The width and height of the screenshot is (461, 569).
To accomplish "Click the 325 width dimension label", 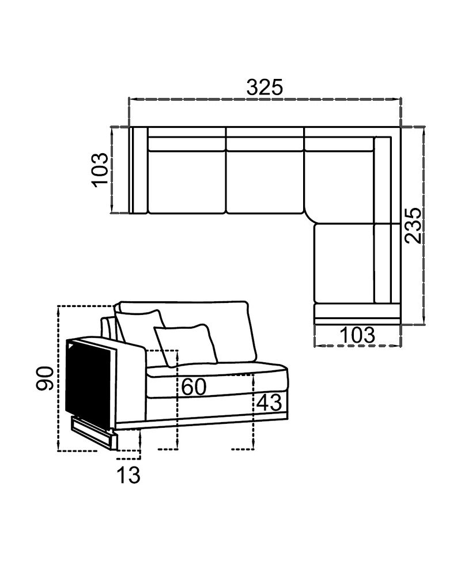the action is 264,88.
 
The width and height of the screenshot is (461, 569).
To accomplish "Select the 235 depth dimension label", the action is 413,225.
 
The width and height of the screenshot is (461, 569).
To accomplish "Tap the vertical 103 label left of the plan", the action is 100,170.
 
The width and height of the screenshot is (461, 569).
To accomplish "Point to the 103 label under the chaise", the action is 357,335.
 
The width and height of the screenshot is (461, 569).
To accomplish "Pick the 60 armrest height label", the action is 194,387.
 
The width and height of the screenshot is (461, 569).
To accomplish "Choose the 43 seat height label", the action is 269,403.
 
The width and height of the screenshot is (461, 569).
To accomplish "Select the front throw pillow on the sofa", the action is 187,344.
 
